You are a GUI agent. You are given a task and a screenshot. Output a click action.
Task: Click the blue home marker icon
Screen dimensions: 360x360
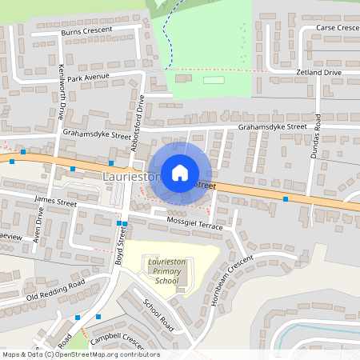click(x=180, y=172)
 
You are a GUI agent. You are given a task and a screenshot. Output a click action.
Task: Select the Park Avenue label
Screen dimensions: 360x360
click(x=88, y=78)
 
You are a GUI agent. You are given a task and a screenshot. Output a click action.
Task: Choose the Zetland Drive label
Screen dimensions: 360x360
click(x=319, y=73)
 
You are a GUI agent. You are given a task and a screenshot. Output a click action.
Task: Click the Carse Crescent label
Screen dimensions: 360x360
click(x=338, y=28)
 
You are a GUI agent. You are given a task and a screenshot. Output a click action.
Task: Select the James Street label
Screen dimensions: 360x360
click(x=55, y=204)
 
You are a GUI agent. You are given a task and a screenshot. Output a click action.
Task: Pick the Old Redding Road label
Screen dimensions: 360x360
click(x=55, y=290)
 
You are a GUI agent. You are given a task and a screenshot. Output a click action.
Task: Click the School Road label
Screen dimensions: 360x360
click(x=158, y=316)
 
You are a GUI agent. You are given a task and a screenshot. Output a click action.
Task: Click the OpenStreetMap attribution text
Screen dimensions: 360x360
click(x=81, y=354)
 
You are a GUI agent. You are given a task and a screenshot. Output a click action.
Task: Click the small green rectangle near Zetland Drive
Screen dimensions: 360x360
click(x=214, y=80)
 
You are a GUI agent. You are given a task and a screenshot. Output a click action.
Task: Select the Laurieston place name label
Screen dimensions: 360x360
click(x=132, y=175)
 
